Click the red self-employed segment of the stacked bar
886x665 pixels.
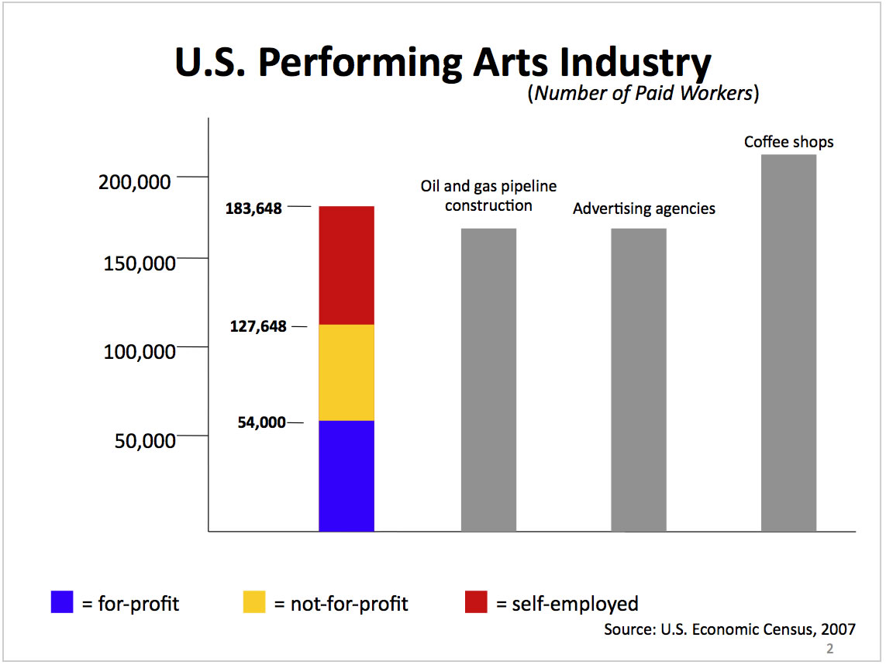click(346, 265)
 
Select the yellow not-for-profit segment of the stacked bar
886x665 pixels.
click(346, 372)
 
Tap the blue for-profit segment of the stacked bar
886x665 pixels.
click(346, 476)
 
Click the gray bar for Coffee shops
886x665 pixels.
click(788, 343)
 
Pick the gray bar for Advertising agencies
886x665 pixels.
click(639, 380)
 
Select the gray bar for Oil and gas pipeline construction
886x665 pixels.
click(488, 380)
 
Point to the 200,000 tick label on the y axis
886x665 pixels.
click(135, 182)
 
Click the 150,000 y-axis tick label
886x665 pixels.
click(140, 263)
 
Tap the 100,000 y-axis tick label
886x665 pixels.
click(140, 353)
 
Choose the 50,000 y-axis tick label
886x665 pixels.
click(144, 440)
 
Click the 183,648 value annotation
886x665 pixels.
click(253, 208)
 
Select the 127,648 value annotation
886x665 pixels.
click(258, 326)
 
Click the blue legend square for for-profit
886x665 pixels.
click(62, 602)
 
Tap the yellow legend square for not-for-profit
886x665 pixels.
click(253, 602)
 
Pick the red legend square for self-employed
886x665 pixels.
click(476, 602)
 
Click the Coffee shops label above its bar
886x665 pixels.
click(788, 142)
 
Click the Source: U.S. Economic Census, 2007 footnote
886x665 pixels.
click(729, 629)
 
